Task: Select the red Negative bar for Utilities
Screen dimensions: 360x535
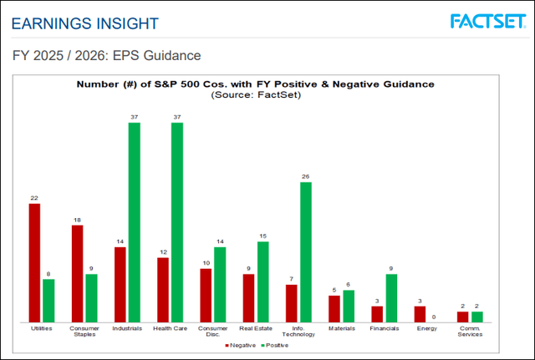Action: pos(34,263)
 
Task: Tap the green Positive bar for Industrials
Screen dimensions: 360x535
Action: pos(134,222)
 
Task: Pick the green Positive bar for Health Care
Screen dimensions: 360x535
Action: pos(176,222)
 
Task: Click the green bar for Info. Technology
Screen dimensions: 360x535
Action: pos(305,252)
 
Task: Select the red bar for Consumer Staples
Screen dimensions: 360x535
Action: pos(77,274)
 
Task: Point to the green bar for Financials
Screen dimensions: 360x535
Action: pos(391,298)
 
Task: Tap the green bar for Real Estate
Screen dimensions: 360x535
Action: pos(262,281)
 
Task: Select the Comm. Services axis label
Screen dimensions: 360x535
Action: pos(470,332)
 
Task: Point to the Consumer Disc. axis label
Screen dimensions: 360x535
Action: pos(212,332)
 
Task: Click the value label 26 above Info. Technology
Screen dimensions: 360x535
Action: pos(305,176)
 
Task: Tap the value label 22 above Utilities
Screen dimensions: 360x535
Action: pos(34,197)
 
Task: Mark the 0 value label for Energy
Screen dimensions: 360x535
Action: pos(434,317)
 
